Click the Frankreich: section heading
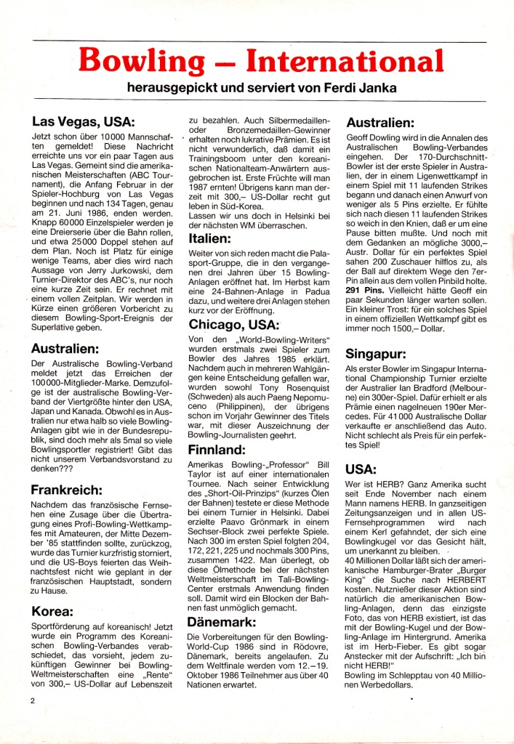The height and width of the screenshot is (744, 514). [x=72, y=490]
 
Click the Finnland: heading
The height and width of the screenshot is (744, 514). [x=218, y=450]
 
